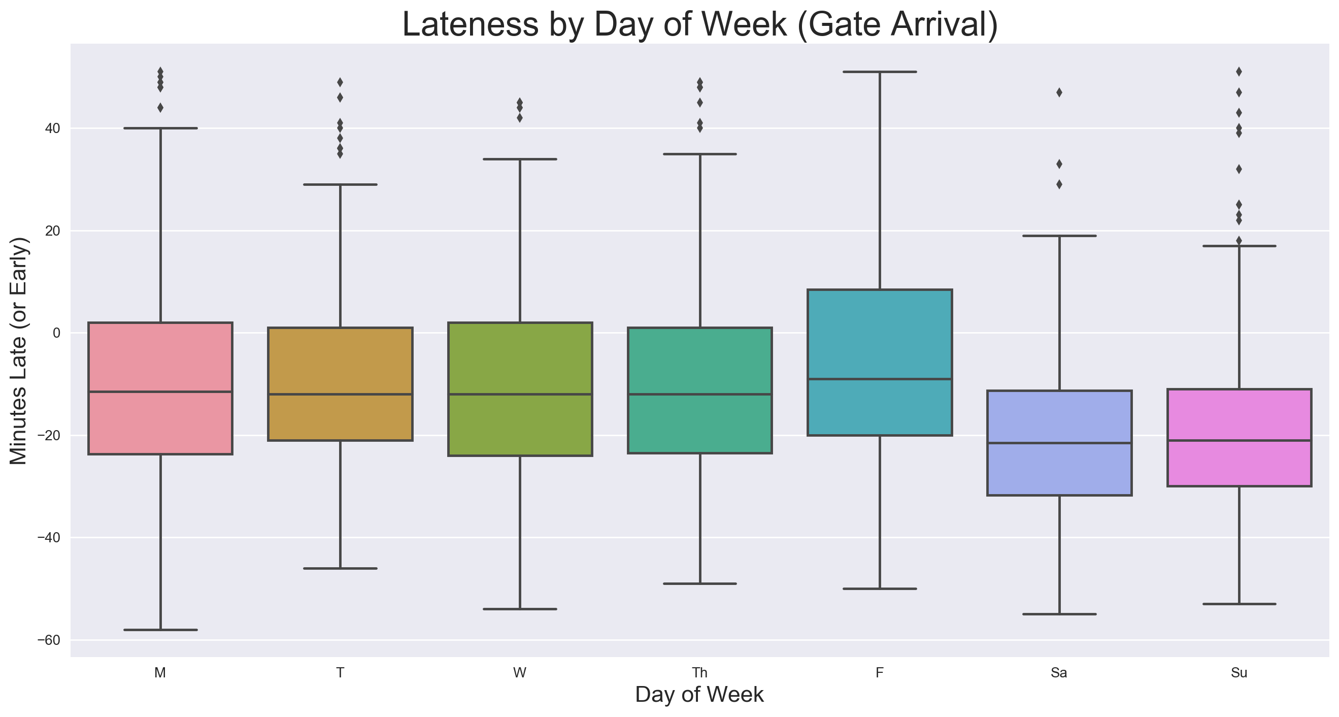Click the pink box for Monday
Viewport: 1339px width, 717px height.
click(160, 364)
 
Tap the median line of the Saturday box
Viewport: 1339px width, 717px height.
click(1059, 443)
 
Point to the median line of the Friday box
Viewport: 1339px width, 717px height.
click(880, 379)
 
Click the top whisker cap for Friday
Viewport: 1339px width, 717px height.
click(880, 72)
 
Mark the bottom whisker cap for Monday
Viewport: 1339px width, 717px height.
click(160, 630)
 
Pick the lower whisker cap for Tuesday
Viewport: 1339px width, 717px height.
click(340, 568)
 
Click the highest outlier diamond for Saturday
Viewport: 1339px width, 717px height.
click(1059, 92)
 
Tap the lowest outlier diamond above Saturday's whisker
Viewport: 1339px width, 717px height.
click(1059, 184)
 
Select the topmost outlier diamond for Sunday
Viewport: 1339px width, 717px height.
click(1239, 71)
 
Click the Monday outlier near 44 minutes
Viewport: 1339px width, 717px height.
click(160, 108)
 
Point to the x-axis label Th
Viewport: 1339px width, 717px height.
click(699, 673)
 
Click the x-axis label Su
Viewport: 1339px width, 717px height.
click(1239, 673)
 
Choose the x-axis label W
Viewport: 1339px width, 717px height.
click(520, 673)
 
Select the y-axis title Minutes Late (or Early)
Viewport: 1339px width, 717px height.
click(19, 351)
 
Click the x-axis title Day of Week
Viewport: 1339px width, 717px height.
click(699, 695)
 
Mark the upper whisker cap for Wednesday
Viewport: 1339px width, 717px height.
click(520, 159)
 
